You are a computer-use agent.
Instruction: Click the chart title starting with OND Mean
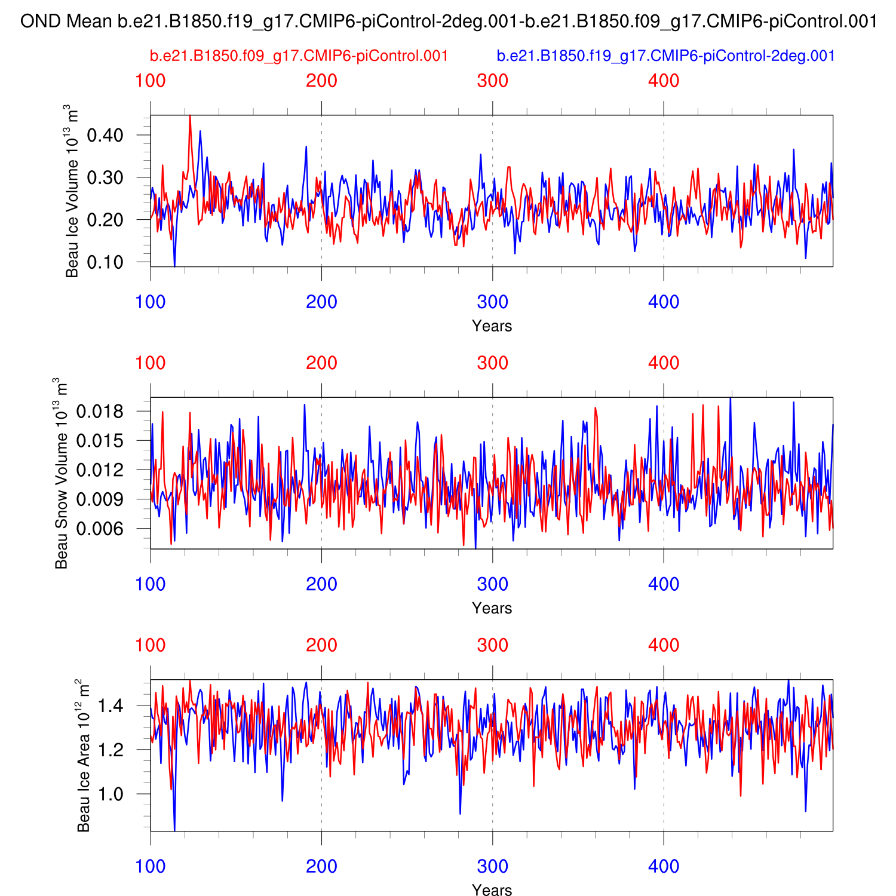coord(448,22)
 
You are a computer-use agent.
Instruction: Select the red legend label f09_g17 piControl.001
coord(299,56)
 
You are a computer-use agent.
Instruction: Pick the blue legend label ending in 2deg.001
coord(665,56)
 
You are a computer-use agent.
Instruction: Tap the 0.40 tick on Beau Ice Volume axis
coord(105,135)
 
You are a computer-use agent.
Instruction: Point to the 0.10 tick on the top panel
coord(105,262)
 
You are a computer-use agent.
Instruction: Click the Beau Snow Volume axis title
coord(61,472)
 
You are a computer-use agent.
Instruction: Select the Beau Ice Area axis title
coord(83,755)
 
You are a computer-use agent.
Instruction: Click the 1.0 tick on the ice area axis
coord(111,794)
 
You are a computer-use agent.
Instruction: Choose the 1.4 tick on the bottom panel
coord(111,706)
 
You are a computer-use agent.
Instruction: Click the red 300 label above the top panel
coord(492,81)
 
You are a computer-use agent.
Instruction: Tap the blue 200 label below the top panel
coord(321,302)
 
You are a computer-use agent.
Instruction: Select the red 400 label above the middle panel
coord(664,363)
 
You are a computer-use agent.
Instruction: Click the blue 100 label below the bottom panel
coord(151,867)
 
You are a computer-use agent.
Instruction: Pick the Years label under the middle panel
coord(492,608)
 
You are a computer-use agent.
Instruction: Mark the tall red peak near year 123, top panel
coord(190,117)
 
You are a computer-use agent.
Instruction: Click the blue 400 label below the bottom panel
coord(664,867)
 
